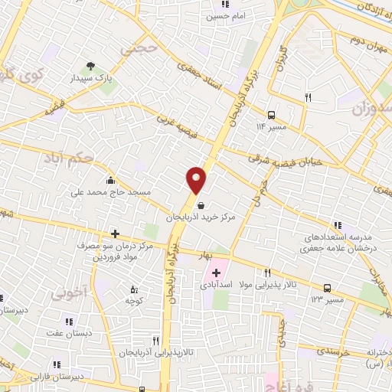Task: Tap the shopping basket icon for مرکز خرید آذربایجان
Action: tap(201, 204)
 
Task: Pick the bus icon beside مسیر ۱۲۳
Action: tap(327, 288)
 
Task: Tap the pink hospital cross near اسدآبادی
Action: tap(217, 273)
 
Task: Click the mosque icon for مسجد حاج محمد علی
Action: tap(111, 181)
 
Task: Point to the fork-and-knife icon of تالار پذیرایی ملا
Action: tap(267, 273)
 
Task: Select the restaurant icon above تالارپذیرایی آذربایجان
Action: tap(155, 340)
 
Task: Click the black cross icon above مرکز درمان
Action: tap(115, 234)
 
